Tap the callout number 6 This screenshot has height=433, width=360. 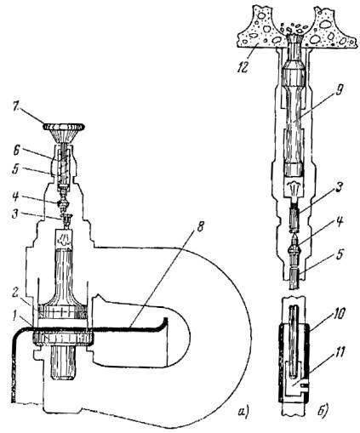(x=16, y=151)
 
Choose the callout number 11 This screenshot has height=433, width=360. (x=340, y=353)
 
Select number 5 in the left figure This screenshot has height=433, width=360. (x=16, y=169)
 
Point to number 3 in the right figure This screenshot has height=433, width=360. (x=340, y=187)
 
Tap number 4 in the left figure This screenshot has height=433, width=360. (x=16, y=196)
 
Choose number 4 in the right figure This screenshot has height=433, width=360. (x=340, y=221)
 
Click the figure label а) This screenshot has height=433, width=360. (x=243, y=410)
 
